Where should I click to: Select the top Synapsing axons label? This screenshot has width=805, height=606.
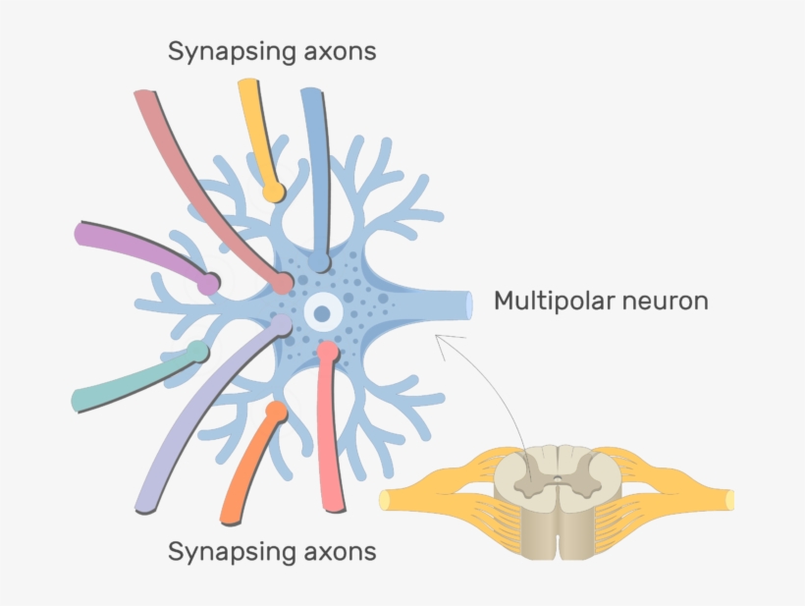pos(272,51)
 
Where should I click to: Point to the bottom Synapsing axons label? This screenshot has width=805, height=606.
pos(272,551)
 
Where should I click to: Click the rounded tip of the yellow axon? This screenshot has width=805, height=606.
pos(274,188)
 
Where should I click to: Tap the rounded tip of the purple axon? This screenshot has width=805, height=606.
pos(208,283)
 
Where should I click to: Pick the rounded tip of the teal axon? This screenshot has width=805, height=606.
pos(198,352)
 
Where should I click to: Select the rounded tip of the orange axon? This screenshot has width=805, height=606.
pos(276,411)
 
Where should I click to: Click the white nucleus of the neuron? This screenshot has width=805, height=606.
pos(322,314)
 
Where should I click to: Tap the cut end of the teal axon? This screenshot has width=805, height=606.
pos(79,400)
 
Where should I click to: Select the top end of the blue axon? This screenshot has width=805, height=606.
pos(312,93)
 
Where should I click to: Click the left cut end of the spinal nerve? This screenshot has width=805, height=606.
pos(385,499)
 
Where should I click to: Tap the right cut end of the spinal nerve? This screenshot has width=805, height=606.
pos(729,499)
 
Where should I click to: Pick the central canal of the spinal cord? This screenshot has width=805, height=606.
pos(557,481)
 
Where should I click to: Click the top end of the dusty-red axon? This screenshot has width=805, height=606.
pos(144,97)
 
